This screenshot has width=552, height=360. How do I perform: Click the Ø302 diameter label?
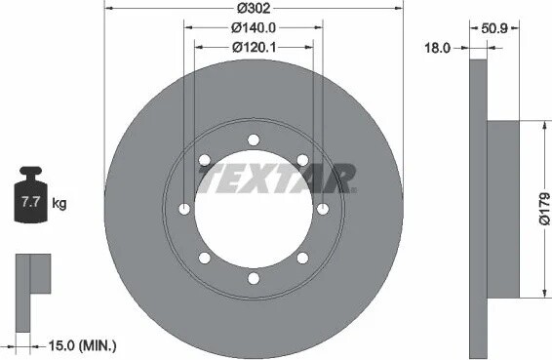(x=254, y=8)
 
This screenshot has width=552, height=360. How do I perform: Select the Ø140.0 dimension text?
(x=254, y=27)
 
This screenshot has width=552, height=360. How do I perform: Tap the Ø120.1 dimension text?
(x=254, y=47)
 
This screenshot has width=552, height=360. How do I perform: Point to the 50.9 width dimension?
(x=494, y=28)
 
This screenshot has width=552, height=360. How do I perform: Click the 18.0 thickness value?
(x=438, y=48)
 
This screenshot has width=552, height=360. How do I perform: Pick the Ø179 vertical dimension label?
(x=544, y=209)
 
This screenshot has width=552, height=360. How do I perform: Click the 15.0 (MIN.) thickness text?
(x=82, y=345)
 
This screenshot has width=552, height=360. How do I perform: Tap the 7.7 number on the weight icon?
(x=30, y=202)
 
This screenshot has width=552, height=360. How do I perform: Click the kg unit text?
(x=59, y=203)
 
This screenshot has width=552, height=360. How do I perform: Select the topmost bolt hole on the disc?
(x=254, y=140)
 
